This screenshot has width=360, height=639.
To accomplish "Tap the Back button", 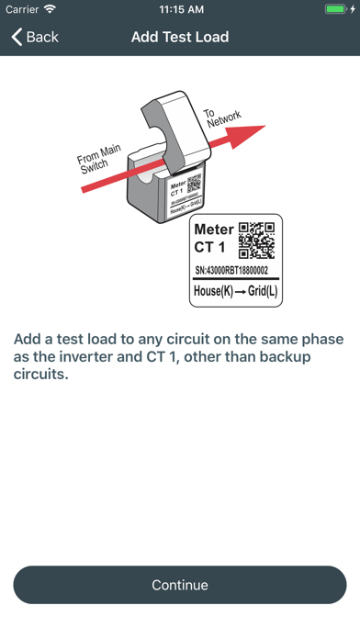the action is coord(35,37).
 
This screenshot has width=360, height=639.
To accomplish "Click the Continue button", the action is coord(180,585).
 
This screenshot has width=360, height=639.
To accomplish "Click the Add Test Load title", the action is coord(180,37).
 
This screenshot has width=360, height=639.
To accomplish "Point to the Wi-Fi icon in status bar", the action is coord(51,9).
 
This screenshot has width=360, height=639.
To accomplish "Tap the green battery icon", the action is coord(335,9).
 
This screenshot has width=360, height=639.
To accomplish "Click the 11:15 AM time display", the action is coord(182,9).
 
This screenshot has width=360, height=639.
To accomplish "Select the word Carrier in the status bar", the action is coord(22,9).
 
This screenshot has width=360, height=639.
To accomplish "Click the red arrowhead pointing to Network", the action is coord(248,136).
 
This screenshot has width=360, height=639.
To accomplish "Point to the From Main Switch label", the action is coord(97,160).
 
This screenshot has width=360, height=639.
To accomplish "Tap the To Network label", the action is coord(222,117).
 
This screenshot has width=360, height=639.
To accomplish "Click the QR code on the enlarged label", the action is coord(256,241).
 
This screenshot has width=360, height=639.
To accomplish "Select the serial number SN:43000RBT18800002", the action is coord(231,270).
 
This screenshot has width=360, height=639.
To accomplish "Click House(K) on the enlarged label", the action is coord(213,291).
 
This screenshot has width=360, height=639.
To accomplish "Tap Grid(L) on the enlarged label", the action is coord(263,291).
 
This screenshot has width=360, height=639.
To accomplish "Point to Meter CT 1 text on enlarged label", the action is coord(214,238).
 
